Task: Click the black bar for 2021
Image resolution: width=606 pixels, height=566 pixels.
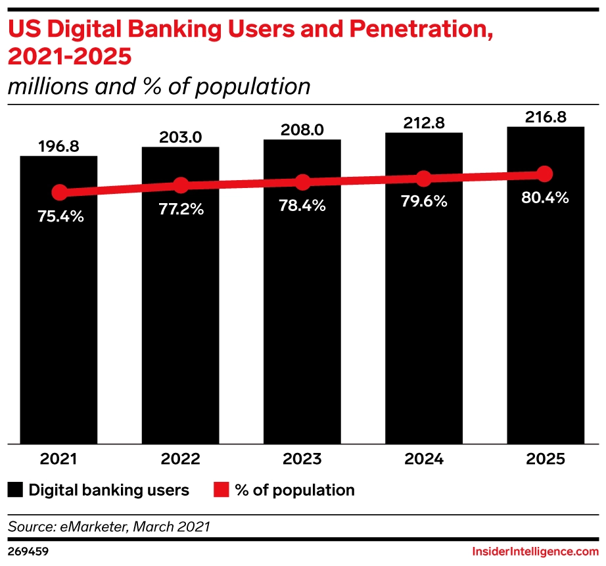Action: pyautogui.click(x=59, y=316)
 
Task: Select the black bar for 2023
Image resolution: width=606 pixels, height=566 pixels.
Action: pyautogui.click(x=302, y=316)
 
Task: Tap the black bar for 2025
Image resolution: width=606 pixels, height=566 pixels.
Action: pyautogui.click(x=545, y=316)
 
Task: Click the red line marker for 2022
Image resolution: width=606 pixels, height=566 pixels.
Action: pyautogui.click(x=181, y=186)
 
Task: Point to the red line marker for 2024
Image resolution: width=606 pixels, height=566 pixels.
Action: pyautogui.click(x=424, y=178)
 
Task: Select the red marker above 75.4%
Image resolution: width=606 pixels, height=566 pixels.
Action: pyautogui.click(x=60, y=193)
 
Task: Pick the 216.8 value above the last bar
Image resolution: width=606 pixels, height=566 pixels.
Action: pyautogui.click(x=545, y=117)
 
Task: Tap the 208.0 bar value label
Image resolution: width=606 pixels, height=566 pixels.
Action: pyautogui.click(x=302, y=130)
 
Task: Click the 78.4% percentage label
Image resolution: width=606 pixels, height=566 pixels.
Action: pyautogui.click(x=302, y=206)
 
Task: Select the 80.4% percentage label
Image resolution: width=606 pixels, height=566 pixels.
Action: pyautogui.click(x=545, y=197)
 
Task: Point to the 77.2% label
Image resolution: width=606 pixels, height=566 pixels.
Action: pyautogui.click(x=181, y=210)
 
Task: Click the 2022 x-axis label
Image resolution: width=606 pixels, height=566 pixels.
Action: pyautogui.click(x=181, y=460)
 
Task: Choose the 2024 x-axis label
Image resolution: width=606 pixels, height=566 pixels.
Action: pyautogui.click(x=424, y=460)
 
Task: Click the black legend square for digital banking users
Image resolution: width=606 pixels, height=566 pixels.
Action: pyautogui.click(x=16, y=490)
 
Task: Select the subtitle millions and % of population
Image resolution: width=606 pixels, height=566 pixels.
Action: pyautogui.click(x=158, y=86)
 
